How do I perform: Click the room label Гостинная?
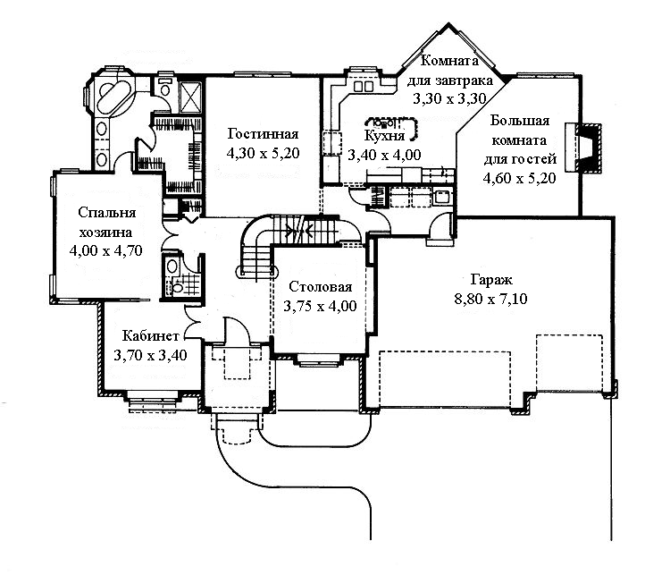coord(263,134)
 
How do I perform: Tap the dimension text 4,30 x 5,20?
coord(263,153)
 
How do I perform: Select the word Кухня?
coord(384,136)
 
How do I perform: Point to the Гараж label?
coord(491,279)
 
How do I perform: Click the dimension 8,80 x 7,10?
coord(490,298)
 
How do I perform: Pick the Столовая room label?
coord(321,287)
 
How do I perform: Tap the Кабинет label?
coord(150,336)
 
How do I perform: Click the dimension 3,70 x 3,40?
coord(150,355)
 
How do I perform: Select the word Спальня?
coord(107,213)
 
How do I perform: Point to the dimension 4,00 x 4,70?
coord(105,250)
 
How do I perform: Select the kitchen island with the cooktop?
coord(393,127)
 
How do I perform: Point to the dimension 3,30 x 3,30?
coord(449,99)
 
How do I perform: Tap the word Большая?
coord(520,121)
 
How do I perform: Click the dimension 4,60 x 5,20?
coord(520,178)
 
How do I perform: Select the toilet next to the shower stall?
coord(164,87)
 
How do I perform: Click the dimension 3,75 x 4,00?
coord(321,306)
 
